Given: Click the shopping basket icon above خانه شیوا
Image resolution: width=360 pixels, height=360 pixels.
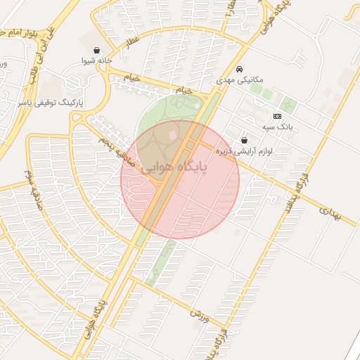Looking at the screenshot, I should point(96,51).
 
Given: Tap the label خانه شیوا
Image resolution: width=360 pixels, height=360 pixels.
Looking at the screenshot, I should point(96,62).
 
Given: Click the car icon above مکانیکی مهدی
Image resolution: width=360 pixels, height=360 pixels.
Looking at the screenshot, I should point(240,70).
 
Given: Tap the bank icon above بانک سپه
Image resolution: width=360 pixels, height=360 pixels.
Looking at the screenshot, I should point(277,116).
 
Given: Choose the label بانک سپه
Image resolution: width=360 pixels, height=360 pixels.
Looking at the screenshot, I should point(277,127).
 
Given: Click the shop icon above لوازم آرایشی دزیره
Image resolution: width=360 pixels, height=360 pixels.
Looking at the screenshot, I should point(244,140).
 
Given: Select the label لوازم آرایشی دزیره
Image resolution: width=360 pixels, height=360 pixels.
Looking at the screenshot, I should point(244,150).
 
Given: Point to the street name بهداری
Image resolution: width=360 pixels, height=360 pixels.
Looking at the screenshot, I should point(329,214).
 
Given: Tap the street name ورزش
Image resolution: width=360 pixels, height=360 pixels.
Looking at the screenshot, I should point(200,316).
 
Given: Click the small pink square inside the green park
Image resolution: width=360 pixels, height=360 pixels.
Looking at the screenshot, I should point(173,134).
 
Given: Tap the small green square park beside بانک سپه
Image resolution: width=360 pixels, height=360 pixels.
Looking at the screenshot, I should point(288,107).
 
